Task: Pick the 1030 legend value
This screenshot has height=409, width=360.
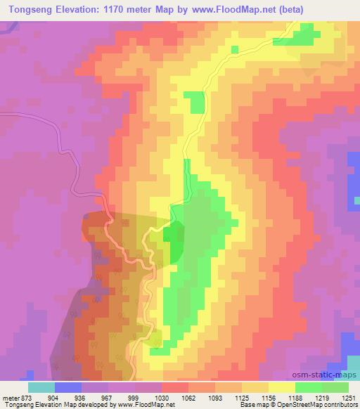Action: pos(162,396)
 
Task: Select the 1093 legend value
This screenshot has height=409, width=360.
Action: pos(215,396)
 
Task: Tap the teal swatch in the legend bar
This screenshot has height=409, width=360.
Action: pos(41,387)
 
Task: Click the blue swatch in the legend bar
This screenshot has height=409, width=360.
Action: pos(68,387)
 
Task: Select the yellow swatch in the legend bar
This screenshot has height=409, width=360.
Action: pos(282,387)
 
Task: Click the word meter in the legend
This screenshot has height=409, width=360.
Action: pos(9,396)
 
